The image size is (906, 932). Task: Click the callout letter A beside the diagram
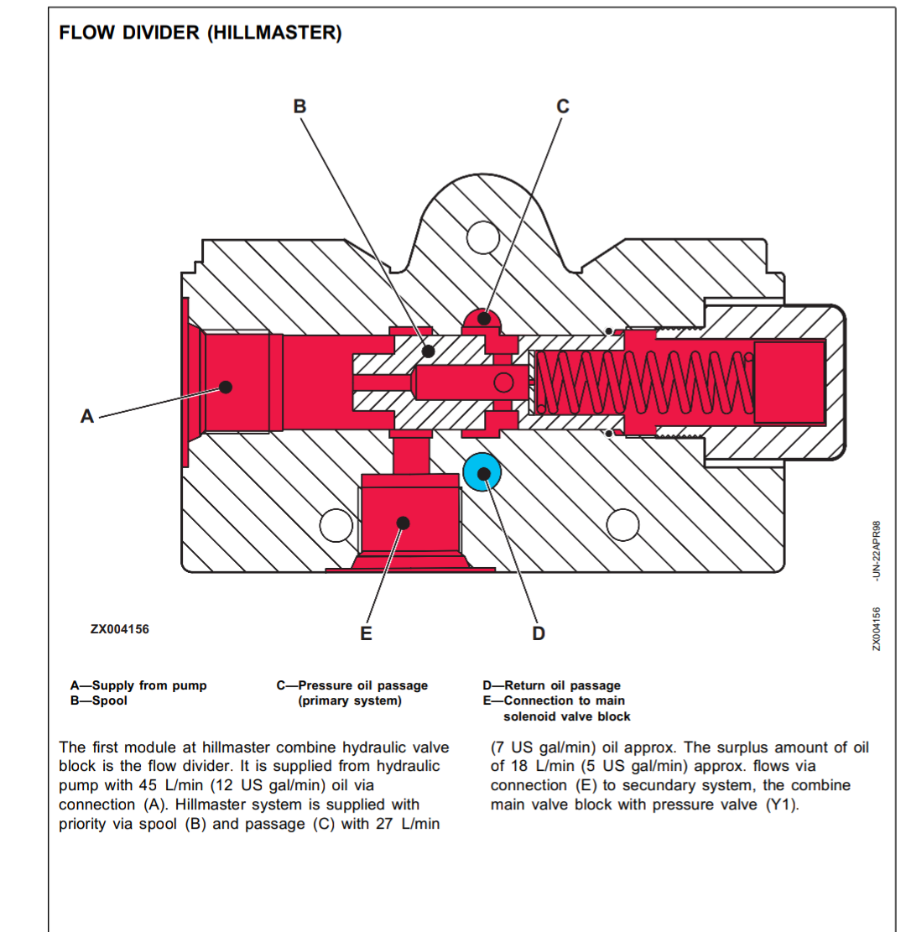86,415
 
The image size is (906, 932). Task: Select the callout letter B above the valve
299,107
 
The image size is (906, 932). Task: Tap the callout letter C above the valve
563,107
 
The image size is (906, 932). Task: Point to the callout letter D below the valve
539,633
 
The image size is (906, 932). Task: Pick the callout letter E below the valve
366,633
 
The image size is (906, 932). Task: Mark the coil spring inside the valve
642,383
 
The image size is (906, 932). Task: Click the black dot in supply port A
226,387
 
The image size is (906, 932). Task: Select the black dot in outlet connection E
403,523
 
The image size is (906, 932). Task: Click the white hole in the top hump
484,237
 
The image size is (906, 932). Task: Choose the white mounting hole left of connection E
336,524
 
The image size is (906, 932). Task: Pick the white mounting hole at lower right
623,524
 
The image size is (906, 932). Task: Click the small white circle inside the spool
503,383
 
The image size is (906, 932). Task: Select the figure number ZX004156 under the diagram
120,628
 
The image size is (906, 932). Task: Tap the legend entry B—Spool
99,700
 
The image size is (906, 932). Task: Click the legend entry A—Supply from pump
138,685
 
